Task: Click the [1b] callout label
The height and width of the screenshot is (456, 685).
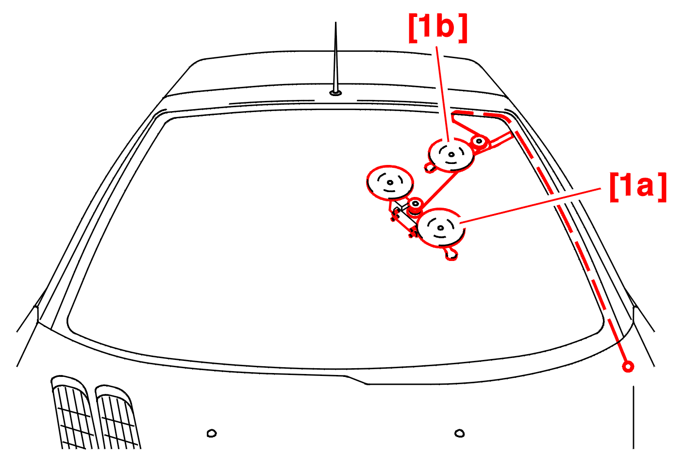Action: pos(437,28)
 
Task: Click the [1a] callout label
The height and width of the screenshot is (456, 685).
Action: pos(638,187)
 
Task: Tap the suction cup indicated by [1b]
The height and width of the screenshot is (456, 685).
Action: pos(451,154)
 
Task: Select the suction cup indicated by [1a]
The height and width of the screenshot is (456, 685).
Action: pos(441,228)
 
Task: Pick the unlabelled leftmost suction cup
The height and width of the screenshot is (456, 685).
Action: pos(390,182)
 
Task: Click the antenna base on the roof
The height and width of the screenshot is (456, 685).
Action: pos(335,93)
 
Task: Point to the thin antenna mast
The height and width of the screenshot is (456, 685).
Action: pos(335,57)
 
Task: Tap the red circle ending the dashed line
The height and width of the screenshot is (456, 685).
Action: pos(628,366)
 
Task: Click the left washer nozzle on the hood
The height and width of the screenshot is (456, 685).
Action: pos(212,433)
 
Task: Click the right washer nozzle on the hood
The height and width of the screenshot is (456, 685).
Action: pos(459,433)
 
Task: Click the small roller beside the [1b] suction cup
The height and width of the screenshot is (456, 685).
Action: pos(479,141)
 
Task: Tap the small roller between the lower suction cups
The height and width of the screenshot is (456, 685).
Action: pos(415,204)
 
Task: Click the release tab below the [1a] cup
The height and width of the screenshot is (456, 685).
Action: pos(451,254)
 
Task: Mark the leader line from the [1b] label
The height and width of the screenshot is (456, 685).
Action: pos(442,94)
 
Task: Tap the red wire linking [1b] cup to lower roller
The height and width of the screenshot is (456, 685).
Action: pos(439,191)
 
